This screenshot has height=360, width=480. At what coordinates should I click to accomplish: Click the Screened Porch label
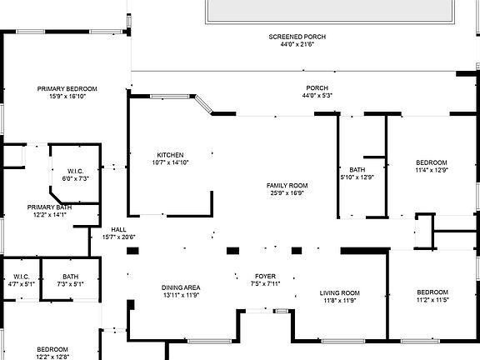297,37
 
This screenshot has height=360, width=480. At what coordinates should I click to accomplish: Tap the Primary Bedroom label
67,88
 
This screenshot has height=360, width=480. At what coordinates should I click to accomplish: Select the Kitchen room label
170,155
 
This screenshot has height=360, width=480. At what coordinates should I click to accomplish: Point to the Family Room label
287,185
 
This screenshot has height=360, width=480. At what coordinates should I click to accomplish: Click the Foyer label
265,276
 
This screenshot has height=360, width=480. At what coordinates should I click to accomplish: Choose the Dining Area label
181,288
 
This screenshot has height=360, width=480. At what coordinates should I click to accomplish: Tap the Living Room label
339,292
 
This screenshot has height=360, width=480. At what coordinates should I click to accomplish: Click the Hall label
118,229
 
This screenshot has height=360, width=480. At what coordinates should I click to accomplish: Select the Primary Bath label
49,207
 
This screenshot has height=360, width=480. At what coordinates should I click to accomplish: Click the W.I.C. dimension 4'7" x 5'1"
22,284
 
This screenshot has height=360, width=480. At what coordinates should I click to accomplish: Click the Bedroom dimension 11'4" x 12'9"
432,170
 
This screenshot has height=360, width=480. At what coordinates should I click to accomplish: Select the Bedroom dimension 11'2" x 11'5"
432,300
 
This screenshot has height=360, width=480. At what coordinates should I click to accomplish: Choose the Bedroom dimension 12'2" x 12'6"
52,357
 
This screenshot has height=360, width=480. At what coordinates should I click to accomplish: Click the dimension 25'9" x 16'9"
287,192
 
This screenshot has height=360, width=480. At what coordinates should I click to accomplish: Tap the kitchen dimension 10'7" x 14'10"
170,162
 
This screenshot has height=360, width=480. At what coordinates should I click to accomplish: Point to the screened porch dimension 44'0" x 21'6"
297,44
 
